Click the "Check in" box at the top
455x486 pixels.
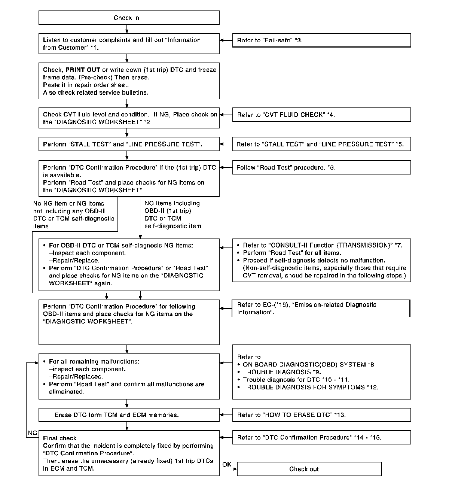click(129, 18)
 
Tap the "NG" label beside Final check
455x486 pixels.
click(33, 433)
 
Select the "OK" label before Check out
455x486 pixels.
click(227, 464)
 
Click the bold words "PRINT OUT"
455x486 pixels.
click(83, 70)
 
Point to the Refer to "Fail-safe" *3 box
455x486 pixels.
click(321, 40)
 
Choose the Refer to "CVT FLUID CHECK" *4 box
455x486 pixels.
click(321, 115)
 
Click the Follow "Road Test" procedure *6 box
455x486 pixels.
click(321, 167)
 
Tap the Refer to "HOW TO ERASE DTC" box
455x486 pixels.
click(321, 415)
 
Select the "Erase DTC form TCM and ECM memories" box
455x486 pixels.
click(129, 415)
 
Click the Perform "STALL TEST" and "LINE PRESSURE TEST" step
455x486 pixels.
click(129, 144)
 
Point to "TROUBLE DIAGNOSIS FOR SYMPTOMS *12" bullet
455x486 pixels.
click(310, 387)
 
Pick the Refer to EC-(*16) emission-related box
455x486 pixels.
click(321, 309)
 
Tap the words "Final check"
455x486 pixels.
click(60, 438)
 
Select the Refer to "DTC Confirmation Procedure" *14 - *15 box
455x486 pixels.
click(321, 437)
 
